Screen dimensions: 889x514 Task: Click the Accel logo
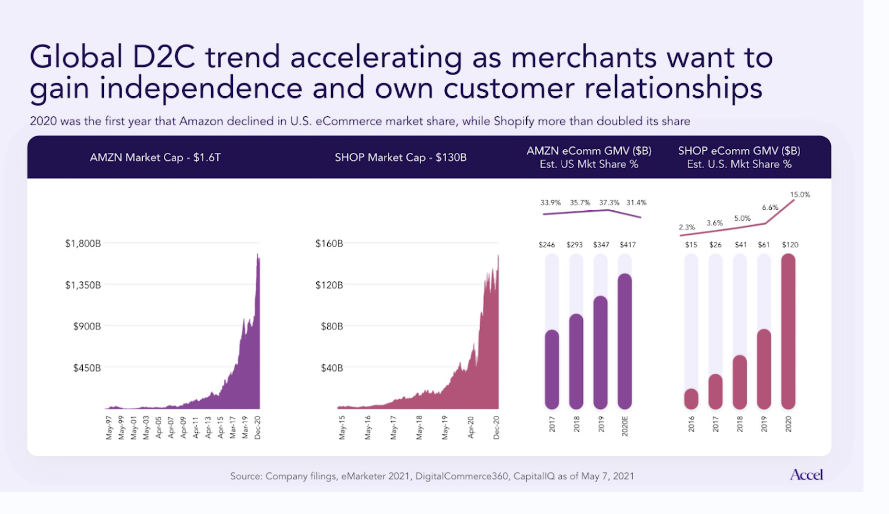point(806,475)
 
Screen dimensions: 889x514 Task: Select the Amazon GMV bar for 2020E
point(625,341)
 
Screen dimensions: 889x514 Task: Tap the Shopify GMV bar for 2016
point(691,399)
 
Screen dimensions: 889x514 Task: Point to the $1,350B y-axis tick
point(83,285)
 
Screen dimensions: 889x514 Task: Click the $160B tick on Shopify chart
point(329,243)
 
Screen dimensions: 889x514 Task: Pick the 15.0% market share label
point(800,195)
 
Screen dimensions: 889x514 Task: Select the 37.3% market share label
point(609,202)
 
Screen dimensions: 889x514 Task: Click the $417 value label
point(627,245)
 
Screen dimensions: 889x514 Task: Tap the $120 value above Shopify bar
point(790,245)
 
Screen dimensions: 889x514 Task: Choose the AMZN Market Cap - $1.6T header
point(155,157)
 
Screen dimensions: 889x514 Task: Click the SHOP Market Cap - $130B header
point(401,157)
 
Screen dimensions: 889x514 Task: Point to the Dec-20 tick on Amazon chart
point(257,427)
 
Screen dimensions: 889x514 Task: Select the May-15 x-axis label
point(342,428)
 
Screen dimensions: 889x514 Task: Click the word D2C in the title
point(163,57)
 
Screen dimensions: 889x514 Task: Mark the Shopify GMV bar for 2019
point(764,369)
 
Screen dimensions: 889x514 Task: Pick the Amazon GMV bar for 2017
point(552,369)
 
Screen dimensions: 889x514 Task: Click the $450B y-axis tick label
point(87,368)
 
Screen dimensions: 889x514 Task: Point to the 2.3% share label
point(687,227)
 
